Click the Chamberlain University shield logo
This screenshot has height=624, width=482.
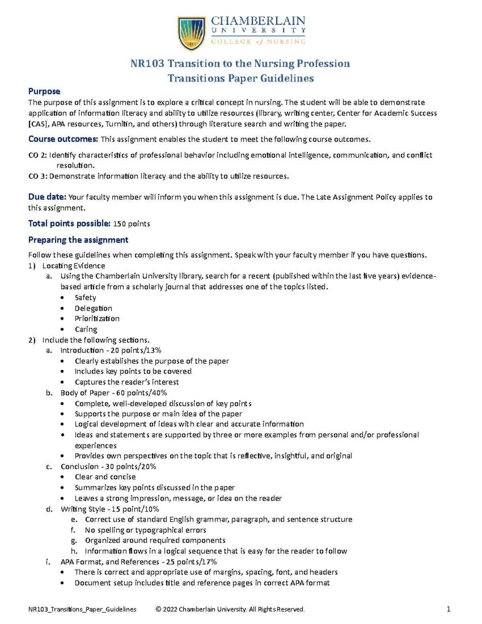pos(192,33)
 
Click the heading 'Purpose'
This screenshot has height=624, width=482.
pos(44,91)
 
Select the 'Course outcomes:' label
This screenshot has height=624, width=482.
pos(63,139)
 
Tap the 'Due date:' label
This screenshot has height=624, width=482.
pos(47,197)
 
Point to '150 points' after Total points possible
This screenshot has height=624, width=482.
pos(132,224)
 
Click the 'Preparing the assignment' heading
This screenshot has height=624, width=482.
pos(78,240)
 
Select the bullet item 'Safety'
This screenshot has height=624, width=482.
pos(85,297)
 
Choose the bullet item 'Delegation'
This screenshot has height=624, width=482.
pos(93,308)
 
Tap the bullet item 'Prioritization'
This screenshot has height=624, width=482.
pos(97,319)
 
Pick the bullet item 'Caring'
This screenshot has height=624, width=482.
pos(86,329)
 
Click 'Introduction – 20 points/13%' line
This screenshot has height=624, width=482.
pos(111,350)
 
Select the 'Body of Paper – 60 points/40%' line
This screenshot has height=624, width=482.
pos(114,393)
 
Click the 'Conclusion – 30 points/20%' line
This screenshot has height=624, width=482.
pos(108,466)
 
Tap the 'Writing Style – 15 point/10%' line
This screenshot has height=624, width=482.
pos(110,509)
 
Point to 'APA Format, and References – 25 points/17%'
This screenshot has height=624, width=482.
pos(139,562)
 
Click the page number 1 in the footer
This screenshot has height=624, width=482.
pos(448,609)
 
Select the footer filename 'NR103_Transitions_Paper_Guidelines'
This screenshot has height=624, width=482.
pos(82,609)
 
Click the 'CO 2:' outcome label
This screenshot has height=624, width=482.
pos(38,155)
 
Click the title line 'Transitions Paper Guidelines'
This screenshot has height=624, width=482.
pos(241,78)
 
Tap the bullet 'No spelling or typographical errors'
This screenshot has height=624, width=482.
pos(145,530)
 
